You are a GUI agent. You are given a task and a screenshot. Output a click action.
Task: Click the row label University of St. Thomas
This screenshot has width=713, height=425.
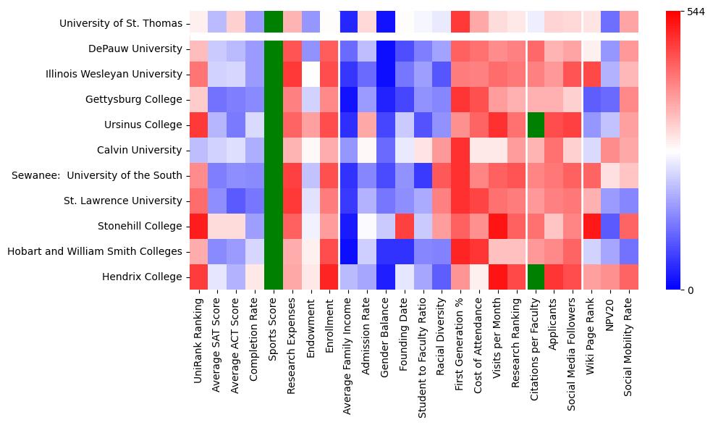121,24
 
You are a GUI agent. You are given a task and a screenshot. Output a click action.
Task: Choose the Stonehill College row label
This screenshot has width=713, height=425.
140,227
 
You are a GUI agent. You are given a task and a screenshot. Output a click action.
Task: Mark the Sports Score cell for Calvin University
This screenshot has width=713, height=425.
274,151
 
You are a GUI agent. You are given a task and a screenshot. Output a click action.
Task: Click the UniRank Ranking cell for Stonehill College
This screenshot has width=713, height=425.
198,227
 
